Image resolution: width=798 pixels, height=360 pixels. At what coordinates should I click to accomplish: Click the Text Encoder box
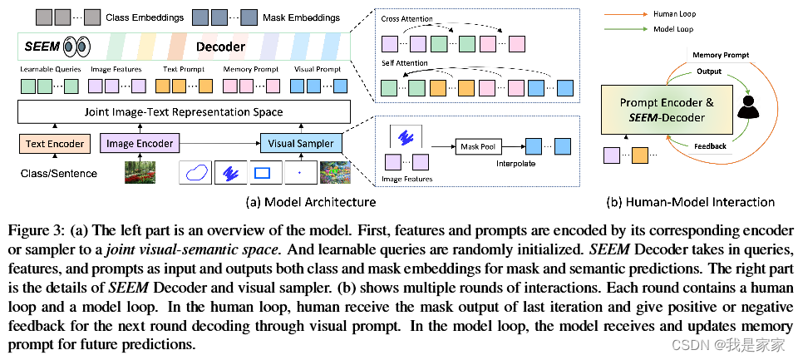point(55,144)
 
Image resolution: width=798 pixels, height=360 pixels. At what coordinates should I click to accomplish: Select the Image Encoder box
point(140,144)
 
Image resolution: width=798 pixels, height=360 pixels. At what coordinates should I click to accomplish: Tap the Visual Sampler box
point(302,144)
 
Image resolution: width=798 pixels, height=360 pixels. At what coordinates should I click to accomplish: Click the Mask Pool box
point(478,146)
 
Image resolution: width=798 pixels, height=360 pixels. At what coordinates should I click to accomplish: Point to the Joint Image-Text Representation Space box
point(185,111)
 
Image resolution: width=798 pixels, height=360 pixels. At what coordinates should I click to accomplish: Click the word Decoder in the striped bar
point(220,47)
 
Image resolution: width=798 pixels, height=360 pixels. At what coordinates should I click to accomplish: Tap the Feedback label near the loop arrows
point(710,146)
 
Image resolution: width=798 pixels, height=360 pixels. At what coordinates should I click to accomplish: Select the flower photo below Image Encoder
point(140,172)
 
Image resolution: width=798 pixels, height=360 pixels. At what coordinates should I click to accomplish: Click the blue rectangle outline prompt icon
point(263,173)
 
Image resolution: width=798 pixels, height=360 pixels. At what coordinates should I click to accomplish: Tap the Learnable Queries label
point(50,69)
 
